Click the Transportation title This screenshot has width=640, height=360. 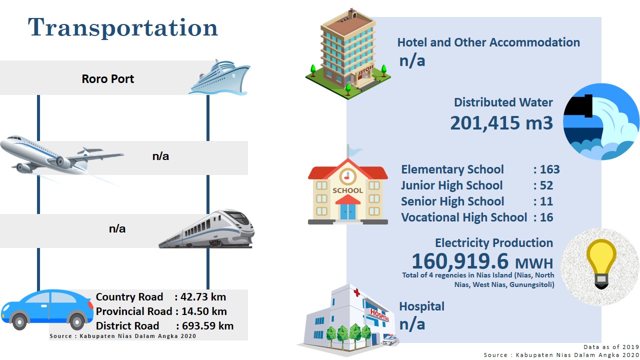point(123,27)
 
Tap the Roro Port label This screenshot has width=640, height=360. point(107,79)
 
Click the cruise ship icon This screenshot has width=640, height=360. point(219,77)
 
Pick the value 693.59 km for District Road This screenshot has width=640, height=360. point(207,326)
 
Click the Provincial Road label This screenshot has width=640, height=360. point(134,311)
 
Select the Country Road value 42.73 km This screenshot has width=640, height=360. point(203,297)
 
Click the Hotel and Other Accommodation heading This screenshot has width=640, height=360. point(488,42)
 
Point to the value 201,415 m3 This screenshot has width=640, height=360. point(501,123)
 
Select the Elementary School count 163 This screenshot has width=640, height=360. point(550,169)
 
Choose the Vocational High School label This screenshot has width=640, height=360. point(464,217)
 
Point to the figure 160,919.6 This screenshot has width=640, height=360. point(460,261)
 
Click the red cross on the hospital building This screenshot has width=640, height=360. point(356,292)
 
